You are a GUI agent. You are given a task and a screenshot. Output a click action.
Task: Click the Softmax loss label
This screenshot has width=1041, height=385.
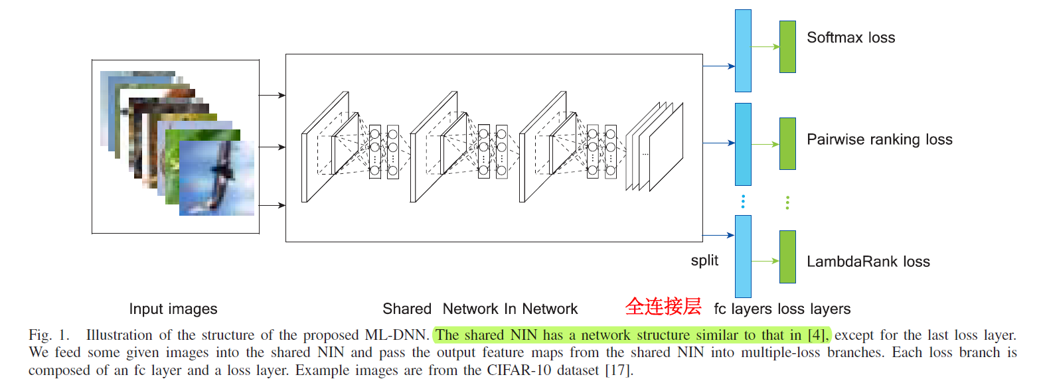coord(850,38)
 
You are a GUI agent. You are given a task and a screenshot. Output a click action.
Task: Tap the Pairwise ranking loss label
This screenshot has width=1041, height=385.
coord(879,140)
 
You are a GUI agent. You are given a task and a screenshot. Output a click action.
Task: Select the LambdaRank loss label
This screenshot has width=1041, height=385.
coord(868,262)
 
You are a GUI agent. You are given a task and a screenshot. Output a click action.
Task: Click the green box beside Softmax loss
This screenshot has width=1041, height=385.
coord(787,46)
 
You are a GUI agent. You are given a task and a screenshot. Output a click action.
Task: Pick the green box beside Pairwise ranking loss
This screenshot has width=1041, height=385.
coord(787,143)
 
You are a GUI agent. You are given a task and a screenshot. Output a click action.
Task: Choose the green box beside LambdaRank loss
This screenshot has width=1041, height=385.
coord(787,256)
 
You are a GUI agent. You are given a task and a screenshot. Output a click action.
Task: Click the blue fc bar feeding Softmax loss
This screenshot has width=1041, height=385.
coord(743,50)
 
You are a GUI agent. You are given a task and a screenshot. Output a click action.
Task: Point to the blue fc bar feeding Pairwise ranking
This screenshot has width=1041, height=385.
coord(743,144)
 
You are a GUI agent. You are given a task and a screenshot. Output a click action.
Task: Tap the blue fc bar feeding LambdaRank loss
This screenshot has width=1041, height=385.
coord(743,256)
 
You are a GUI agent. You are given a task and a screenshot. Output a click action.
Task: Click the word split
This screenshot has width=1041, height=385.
coord(704,260)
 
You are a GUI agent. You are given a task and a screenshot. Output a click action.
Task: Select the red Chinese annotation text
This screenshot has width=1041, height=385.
coord(663,307)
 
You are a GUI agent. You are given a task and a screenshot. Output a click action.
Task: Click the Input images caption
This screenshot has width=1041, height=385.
coord(173,309)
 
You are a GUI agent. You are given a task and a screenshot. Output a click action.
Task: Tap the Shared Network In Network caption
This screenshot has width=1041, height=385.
coord(480,309)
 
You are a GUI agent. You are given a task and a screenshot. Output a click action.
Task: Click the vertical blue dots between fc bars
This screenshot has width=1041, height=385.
coord(743,201)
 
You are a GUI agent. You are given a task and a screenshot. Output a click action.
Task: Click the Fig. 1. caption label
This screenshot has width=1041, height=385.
coord(49,335)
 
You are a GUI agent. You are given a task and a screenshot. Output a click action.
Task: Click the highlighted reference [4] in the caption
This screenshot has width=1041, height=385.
coord(819,335)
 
